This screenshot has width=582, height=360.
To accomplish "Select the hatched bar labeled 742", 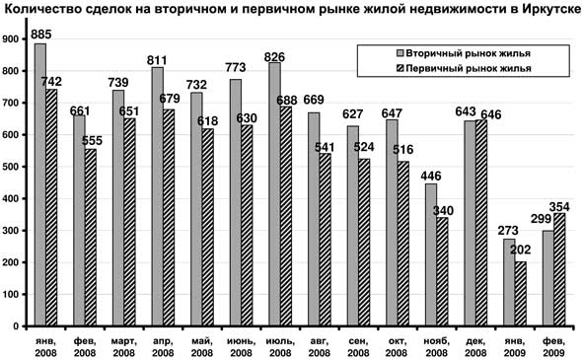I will (51, 207).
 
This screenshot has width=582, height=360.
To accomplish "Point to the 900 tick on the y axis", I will (15, 39).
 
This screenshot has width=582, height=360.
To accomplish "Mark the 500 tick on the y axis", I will (15, 167).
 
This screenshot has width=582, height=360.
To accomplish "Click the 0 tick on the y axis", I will (22, 325).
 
